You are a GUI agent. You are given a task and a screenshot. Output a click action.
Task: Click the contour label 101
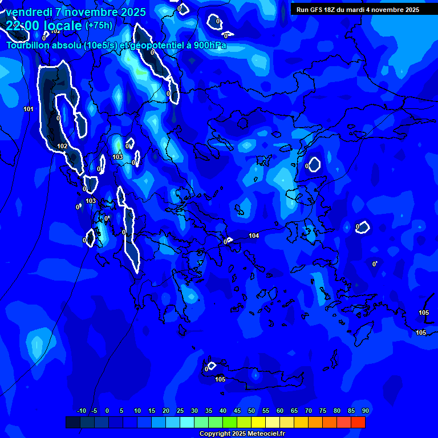coord(29,109)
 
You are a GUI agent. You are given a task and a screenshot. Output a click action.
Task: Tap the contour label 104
coord(254,236)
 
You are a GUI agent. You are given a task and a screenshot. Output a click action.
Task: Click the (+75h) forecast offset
coord(99,26)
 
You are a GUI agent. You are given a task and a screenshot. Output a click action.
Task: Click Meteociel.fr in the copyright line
coord(261,434)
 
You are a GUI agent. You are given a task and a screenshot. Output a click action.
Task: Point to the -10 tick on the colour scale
coord(81,411)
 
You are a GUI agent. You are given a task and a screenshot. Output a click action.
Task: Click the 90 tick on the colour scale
coord(365,411)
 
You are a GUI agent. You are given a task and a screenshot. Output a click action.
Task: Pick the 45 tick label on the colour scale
coord(237,411)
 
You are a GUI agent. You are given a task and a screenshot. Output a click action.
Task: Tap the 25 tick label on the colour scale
coord(180,411)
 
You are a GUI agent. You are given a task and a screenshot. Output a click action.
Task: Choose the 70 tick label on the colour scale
coord(309,411)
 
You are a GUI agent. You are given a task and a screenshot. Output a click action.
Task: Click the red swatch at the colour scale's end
coord(358,422)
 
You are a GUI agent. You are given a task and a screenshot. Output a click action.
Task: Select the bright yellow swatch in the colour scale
coord(258,422)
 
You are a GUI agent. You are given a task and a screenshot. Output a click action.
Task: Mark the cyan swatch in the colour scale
coord(187,422)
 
